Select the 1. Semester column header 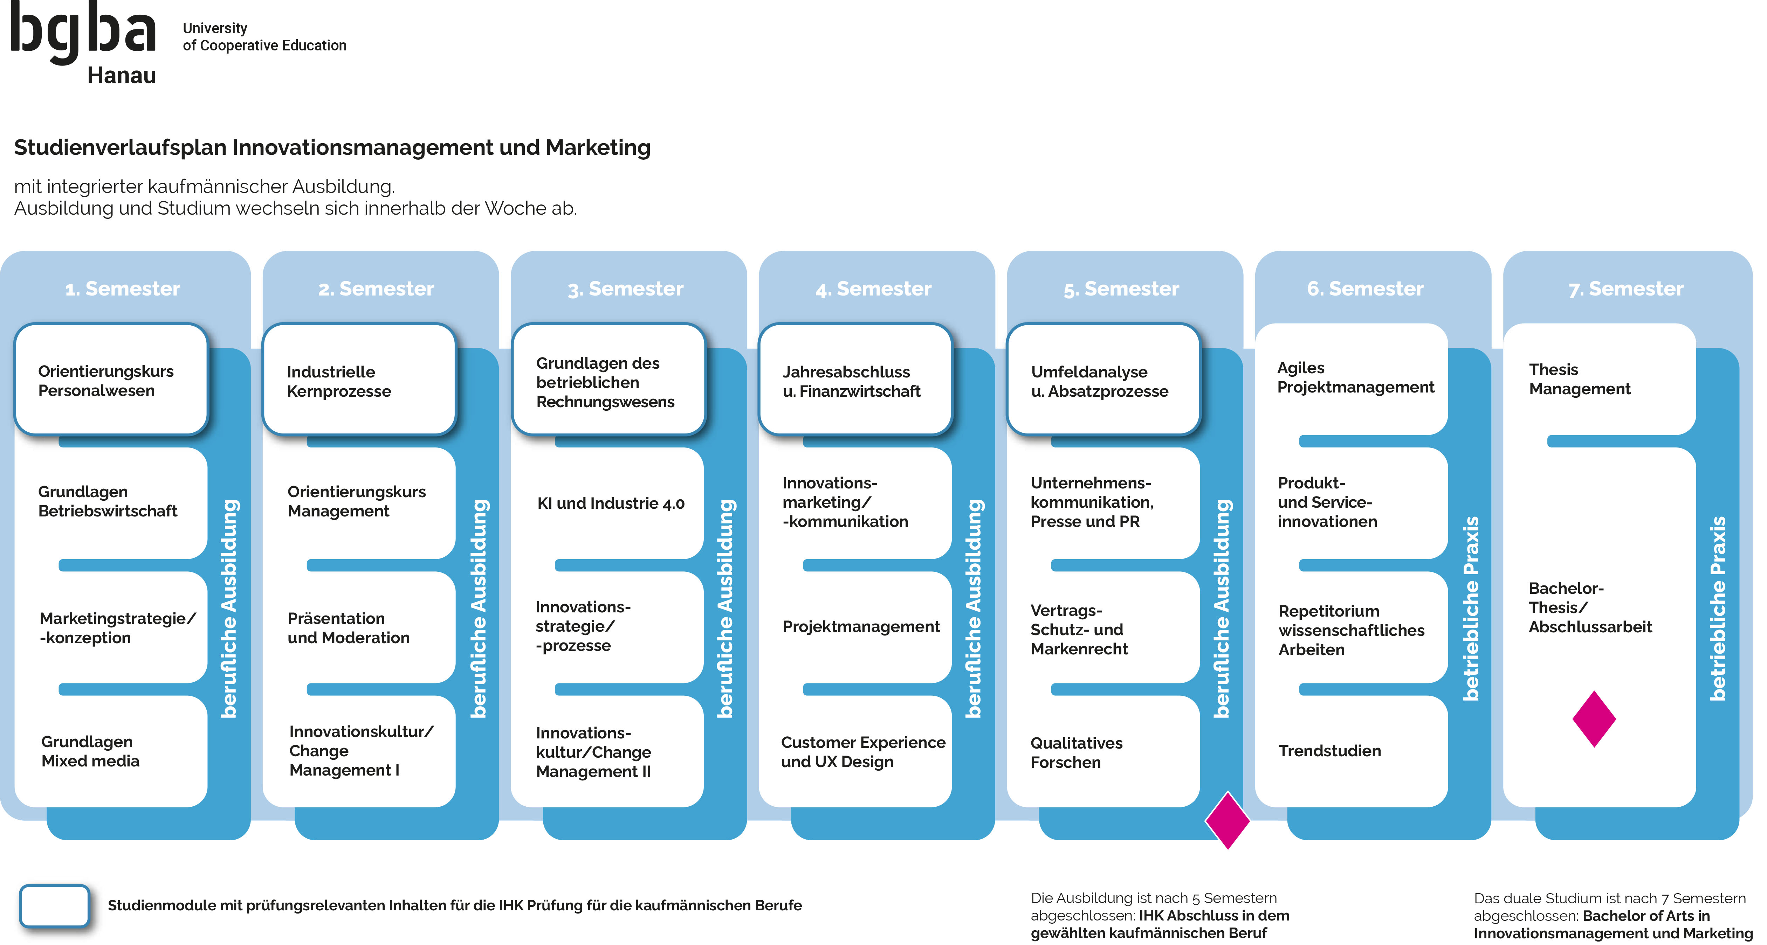click(x=123, y=289)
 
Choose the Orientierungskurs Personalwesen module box click(x=110, y=381)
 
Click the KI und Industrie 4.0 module click(x=611, y=503)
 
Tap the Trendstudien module click(x=1329, y=751)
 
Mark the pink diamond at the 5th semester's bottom click(x=1227, y=820)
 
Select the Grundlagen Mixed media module click(x=90, y=752)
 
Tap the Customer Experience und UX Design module click(x=862, y=752)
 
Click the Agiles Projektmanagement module click(x=1355, y=378)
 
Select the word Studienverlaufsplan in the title click(x=120, y=147)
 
